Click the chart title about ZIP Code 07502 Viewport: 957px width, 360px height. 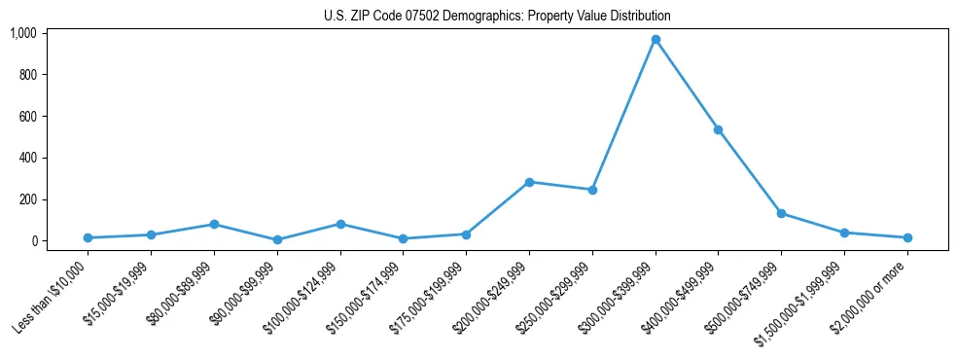(x=497, y=16)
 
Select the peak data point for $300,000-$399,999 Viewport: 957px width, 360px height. (x=656, y=40)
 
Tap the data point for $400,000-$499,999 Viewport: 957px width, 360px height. (x=718, y=129)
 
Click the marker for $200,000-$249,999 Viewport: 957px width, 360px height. (x=529, y=182)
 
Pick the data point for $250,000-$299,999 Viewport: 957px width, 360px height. (x=592, y=190)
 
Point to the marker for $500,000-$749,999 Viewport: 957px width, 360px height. (x=781, y=213)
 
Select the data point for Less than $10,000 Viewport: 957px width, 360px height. (x=89, y=237)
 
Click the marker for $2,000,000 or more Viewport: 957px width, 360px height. (x=907, y=237)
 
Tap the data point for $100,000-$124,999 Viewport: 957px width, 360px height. (x=340, y=224)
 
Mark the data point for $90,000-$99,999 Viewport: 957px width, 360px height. (x=277, y=239)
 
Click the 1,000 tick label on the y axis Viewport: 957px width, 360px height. (x=23, y=33)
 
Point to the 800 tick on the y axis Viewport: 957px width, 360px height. (x=27, y=75)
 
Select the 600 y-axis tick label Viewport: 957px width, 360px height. (x=27, y=117)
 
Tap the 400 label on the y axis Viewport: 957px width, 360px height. (x=27, y=158)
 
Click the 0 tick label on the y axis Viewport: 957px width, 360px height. (x=33, y=241)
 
